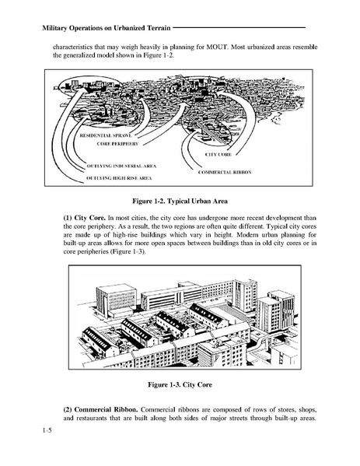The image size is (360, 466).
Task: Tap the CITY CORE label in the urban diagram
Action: coord(218,155)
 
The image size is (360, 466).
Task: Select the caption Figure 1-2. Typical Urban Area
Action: coord(180,200)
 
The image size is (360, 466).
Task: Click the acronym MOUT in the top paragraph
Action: coord(247,45)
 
